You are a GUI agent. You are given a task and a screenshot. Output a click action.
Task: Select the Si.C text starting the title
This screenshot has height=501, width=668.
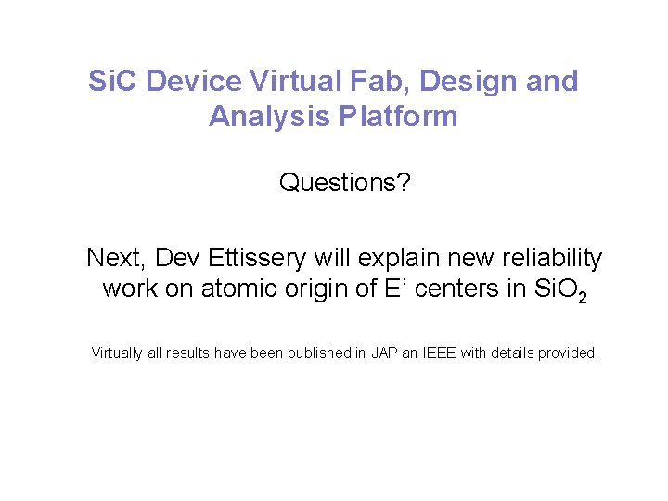click(x=113, y=82)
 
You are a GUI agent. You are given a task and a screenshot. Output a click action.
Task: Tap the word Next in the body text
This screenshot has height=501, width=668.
click(x=115, y=258)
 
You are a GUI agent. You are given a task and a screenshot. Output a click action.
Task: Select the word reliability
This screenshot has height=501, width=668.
click(x=552, y=258)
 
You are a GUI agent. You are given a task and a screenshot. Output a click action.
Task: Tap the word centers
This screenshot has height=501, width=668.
click(x=456, y=289)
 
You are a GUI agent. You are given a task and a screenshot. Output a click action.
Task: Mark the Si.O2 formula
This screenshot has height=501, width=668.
click(x=556, y=289)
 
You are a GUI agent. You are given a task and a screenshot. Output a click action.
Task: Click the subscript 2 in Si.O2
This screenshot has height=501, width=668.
click(x=580, y=297)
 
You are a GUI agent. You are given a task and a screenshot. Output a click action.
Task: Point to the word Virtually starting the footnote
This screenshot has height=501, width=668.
click(x=117, y=353)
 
